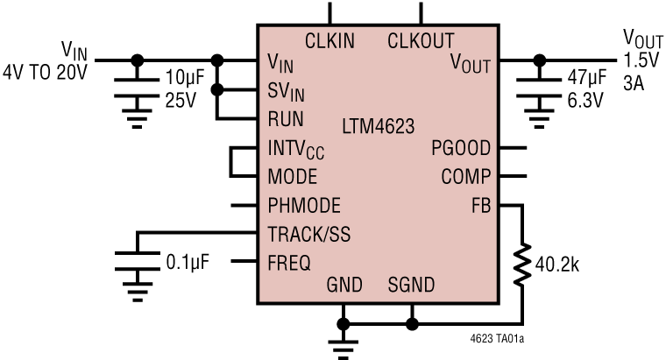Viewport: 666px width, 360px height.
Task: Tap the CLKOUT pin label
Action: click(421, 40)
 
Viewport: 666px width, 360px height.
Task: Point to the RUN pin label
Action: click(286, 119)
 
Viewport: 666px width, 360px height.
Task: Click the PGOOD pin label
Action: click(461, 148)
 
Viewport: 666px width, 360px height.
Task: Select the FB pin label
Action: click(481, 206)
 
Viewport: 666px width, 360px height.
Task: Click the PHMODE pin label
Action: click(304, 206)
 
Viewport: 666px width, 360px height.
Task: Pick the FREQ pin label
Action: click(289, 263)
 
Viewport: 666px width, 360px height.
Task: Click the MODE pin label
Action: click(292, 177)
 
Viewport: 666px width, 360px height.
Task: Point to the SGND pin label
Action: click(411, 286)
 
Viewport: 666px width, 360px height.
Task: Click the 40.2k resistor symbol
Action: click(522, 265)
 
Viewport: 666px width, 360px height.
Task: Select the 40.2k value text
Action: click(557, 265)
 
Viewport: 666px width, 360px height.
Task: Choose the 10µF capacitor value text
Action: click(184, 79)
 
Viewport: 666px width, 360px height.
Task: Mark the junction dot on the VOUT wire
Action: click(539, 60)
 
